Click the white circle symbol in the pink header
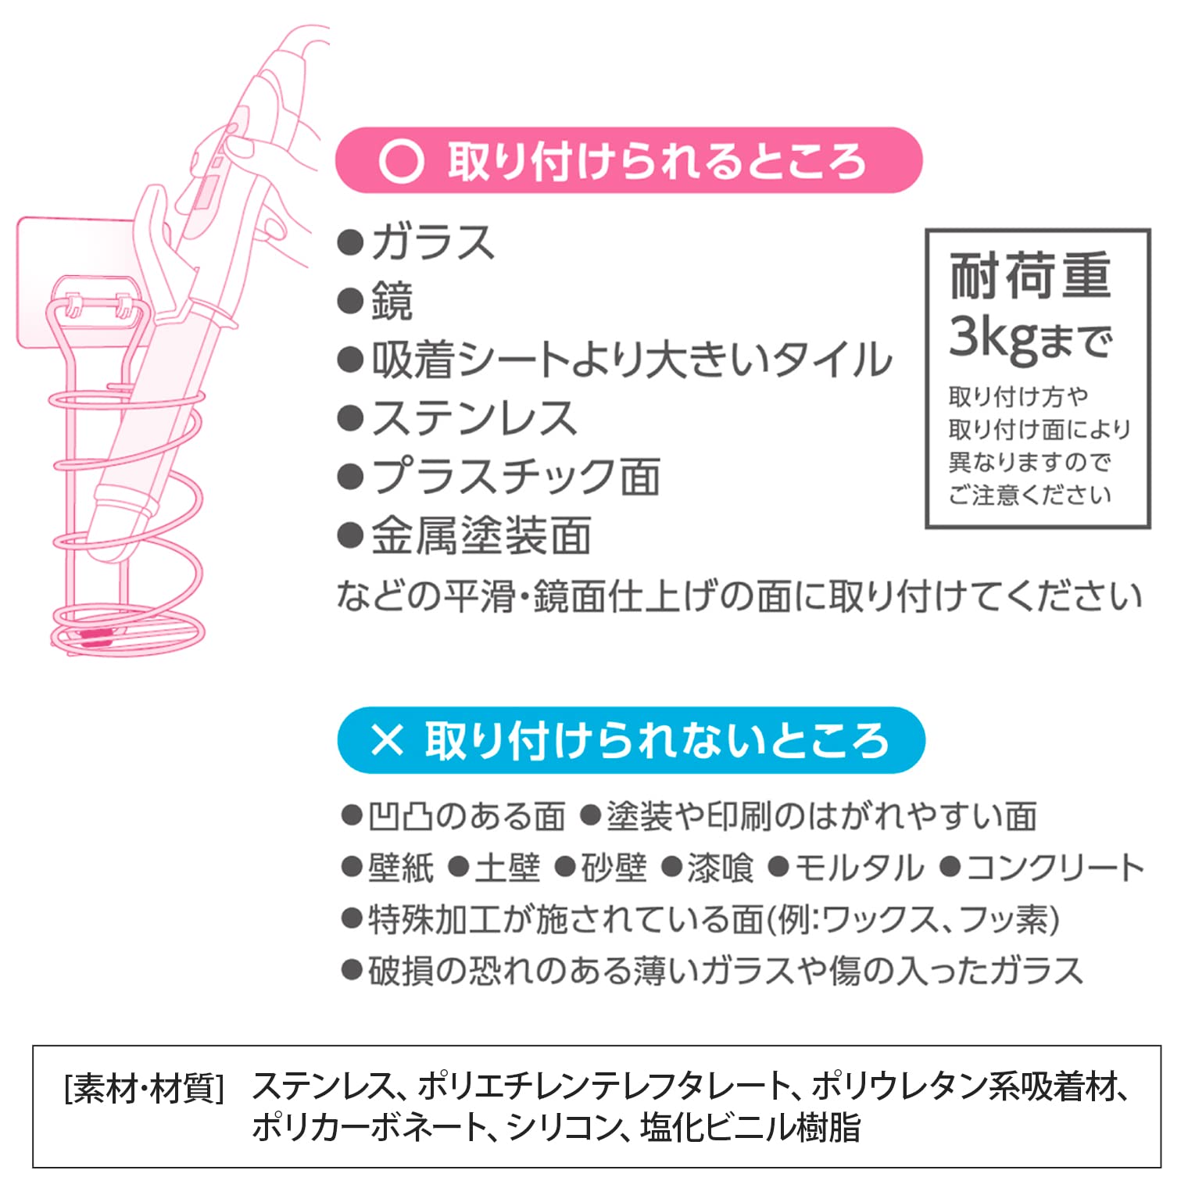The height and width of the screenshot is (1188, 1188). [401, 161]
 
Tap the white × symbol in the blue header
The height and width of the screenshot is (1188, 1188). [386, 739]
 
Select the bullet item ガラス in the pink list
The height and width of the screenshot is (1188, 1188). [432, 242]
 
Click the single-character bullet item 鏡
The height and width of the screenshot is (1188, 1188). [392, 302]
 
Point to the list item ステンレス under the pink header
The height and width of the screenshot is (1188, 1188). [474, 417]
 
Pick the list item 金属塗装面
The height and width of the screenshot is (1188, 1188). [480, 536]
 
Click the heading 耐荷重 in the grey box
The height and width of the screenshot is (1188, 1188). [1029, 275]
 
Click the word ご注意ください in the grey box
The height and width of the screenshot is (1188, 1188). [1029, 495]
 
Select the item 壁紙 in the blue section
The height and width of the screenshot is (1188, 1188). [400, 868]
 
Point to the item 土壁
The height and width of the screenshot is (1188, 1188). [507, 868]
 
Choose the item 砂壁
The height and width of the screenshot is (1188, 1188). [614, 868]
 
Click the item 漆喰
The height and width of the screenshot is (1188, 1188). [720, 868]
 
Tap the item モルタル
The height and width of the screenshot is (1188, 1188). [858, 868]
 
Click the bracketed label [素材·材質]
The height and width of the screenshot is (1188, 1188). [145, 1088]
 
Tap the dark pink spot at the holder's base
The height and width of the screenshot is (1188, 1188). [95, 635]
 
